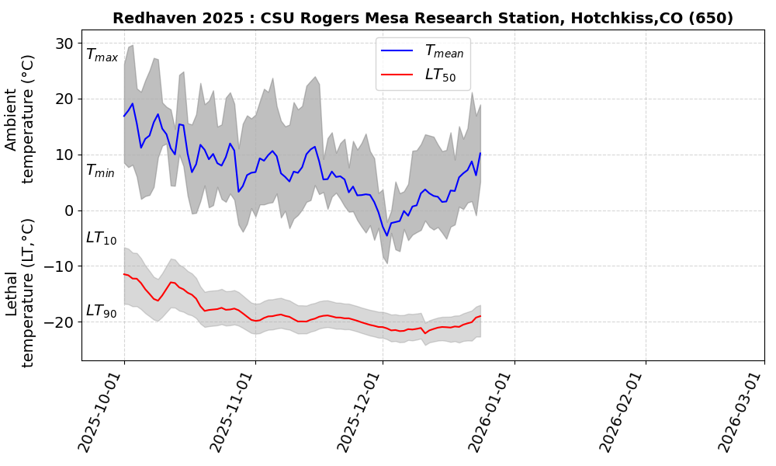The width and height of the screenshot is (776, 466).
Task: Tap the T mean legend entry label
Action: pos(444,52)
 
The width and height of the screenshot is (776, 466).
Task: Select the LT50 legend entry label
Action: pos(440,75)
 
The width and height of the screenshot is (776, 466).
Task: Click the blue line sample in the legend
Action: pos(397,52)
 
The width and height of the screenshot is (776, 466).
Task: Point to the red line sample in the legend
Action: pos(397,75)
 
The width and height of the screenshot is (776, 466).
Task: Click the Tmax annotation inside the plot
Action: pos(102,55)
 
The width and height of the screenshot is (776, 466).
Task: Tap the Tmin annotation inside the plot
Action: pos(100,171)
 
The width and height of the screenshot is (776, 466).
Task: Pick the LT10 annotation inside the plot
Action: pos(101,238)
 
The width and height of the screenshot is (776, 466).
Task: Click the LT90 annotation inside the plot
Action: pos(101,311)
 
